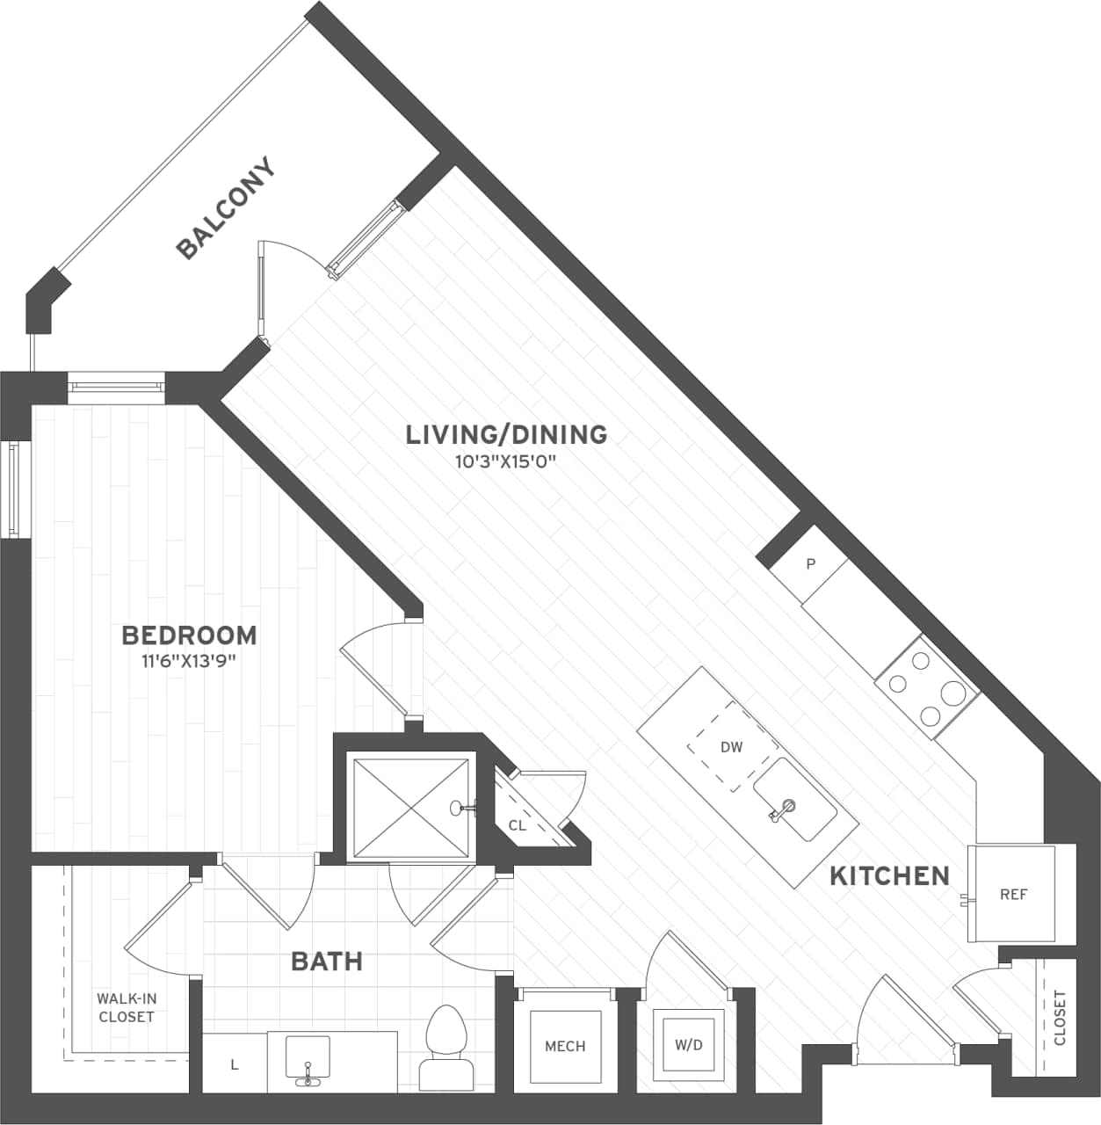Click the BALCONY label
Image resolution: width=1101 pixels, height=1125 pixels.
tap(226, 208)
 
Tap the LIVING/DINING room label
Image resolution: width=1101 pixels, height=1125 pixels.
tap(506, 434)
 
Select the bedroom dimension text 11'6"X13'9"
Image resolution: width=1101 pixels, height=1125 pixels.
tap(189, 661)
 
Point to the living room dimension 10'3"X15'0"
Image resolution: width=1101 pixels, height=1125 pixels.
tap(506, 461)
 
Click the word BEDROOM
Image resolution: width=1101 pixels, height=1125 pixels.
tap(189, 635)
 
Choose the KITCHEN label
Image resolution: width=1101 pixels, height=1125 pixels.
tap(889, 875)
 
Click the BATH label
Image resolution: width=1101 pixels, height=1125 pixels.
tap(327, 962)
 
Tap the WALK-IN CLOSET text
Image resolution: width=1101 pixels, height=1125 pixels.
tap(127, 1008)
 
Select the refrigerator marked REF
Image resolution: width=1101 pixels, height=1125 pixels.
tap(1012, 894)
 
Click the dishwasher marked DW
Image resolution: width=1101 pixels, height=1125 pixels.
tap(731, 747)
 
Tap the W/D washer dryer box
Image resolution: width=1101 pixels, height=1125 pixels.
tap(688, 1044)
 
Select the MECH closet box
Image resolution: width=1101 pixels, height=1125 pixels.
tap(564, 1045)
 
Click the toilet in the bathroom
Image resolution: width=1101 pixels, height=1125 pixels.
tap(446, 1046)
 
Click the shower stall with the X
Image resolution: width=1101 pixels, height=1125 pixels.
tap(411, 805)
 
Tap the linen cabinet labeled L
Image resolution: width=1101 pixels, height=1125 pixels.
tap(234, 1064)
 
